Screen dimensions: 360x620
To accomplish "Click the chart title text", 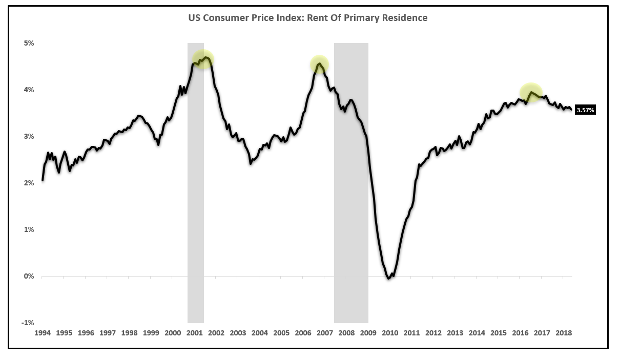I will point(307,18).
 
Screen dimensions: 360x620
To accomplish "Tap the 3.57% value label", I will point(585,110).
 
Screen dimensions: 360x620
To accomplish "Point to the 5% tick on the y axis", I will point(28,43).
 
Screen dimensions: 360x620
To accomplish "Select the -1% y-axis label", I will point(28,323).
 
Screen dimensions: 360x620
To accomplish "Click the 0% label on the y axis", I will point(28,276).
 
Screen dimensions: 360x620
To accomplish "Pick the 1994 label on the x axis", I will point(43,333).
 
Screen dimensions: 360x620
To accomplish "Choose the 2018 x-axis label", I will point(564,333).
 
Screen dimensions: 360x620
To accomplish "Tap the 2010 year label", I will point(390,333).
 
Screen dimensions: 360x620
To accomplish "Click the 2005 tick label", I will point(281,333).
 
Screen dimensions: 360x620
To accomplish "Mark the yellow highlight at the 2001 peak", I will point(203,60).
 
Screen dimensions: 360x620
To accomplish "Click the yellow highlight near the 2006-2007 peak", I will point(319,65).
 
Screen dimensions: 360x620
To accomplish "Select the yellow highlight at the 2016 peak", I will point(531,93).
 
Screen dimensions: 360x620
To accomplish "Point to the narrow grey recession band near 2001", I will point(195,205).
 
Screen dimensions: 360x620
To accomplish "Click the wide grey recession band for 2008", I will point(351,205).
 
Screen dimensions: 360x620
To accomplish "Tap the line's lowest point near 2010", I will point(389,279).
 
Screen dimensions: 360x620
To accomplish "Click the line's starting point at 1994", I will point(43,180).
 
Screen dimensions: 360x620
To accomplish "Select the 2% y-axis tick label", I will point(28,183).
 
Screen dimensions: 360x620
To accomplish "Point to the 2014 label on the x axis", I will point(477,333).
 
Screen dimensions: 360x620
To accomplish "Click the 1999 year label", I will point(151,333).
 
